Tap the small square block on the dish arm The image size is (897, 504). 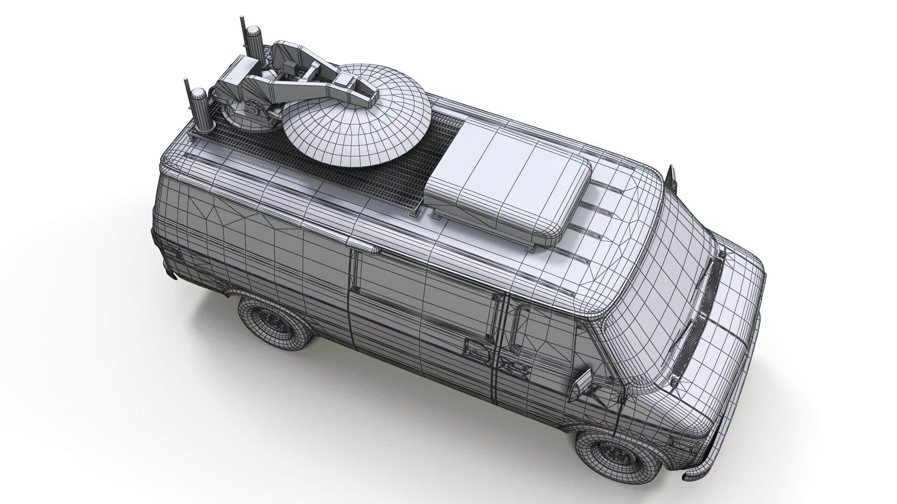[288, 66]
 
